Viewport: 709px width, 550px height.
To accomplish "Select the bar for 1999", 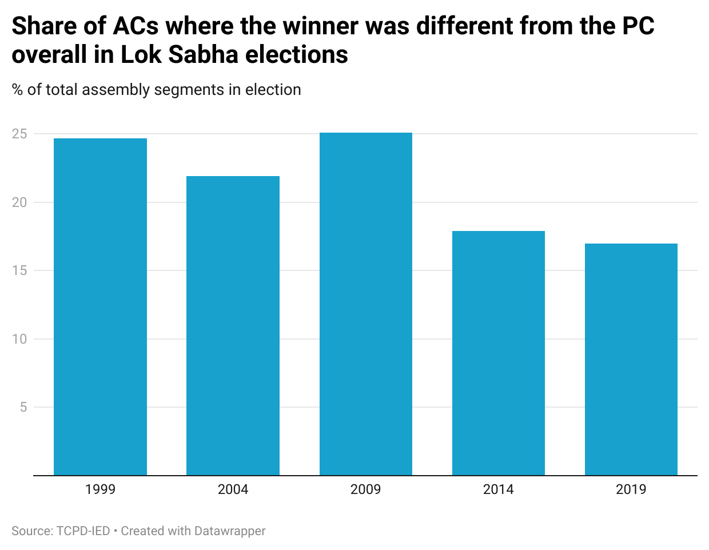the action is [100, 306].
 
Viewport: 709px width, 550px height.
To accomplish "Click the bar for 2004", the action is [233, 325].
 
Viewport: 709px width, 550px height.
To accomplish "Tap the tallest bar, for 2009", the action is [366, 304].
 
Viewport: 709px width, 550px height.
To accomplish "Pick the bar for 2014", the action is [499, 353].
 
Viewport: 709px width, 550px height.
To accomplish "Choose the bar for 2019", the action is [631, 359].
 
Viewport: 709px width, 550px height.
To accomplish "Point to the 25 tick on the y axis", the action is [19, 134].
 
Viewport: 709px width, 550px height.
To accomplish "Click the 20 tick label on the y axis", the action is [19, 202].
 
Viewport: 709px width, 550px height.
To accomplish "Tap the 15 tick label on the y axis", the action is [19, 270].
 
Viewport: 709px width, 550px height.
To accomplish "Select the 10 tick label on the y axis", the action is [19, 339].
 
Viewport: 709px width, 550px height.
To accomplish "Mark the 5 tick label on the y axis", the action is [23, 407].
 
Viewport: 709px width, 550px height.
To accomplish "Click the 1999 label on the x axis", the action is [100, 489].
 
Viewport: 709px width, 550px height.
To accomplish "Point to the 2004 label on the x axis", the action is [233, 489].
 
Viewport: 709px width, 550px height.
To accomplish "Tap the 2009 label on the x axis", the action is [366, 489].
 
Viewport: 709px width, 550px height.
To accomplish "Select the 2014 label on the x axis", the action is [499, 489].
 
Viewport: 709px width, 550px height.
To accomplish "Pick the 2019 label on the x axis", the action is [631, 489].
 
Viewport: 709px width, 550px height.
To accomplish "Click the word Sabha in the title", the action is [204, 54].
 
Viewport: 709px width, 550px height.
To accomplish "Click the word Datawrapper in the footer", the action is [230, 531].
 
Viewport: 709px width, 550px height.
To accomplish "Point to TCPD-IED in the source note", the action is [83, 531].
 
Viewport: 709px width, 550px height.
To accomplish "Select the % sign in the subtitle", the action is [17, 90].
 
